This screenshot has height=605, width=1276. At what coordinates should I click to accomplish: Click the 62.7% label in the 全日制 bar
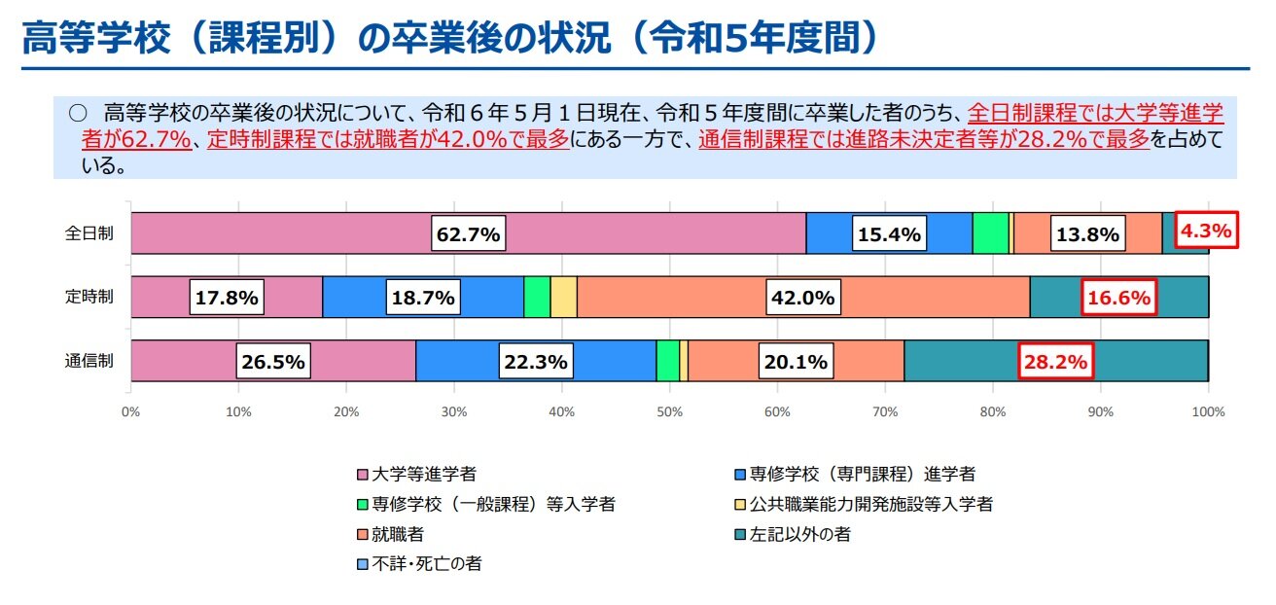[x=468, y=234]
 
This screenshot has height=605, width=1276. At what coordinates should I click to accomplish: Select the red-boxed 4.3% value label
[x=1206, y=231]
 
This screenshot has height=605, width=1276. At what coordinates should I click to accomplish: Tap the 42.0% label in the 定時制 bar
[x=802, y=298]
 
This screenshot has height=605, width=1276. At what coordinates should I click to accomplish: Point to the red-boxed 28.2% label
[x=1056, y=362]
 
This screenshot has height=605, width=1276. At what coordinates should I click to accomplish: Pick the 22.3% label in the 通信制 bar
[x=536, y=362]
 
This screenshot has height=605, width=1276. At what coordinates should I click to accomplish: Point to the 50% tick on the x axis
[x=669, y=412]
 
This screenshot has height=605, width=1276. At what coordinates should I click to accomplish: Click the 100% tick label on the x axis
[x=1207, y=412]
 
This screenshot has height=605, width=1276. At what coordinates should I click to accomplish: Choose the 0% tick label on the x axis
[x=131, y=412]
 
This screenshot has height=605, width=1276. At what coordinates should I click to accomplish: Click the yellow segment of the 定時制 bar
[x=563, y=297]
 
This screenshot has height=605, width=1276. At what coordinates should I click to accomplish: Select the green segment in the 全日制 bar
[x=990, y=233]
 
